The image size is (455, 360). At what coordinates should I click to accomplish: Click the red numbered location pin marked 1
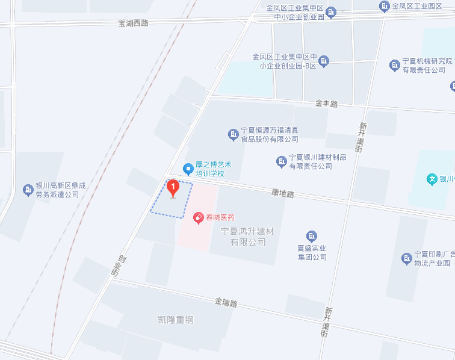(x=173, y=188)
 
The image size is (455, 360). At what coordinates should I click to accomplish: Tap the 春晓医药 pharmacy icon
(x=198, y=217)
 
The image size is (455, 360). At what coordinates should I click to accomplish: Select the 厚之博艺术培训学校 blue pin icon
(x=188, y=167)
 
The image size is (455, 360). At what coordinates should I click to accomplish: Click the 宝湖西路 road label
(x=133, y=23)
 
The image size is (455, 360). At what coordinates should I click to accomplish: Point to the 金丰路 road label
(x=326, y=104)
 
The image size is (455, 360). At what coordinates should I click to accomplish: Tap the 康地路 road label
(x=283, y=194)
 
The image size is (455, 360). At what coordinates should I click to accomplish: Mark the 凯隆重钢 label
(x=173, y=320)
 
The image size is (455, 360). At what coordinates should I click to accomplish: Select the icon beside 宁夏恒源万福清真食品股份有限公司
(x=233, y=134)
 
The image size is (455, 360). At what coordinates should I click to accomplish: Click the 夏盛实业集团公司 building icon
(x=311, y=236)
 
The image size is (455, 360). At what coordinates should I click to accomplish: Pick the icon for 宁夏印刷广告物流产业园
(x=406, y=258)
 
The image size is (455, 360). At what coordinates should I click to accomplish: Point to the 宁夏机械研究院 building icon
(x=394, y=65)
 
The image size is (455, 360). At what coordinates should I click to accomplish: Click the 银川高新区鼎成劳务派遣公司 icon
(x=28, y=190)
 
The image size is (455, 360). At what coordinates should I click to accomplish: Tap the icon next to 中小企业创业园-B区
(x=324, y=61)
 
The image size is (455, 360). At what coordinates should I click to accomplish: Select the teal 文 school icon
(x=432, y=179)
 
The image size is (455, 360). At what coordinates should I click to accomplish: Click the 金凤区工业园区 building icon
(x=384, y=6)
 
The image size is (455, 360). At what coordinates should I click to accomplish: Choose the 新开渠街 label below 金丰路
(x=362, y=137)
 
